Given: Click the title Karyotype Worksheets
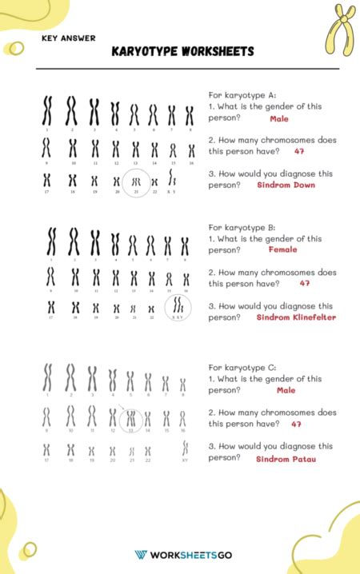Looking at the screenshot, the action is click(x=183, y=52).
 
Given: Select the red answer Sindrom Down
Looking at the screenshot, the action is click(x=286, y=185).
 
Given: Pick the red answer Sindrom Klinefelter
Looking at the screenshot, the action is click(x=295, y=317).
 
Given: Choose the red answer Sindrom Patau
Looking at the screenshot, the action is click(x=286, y=459).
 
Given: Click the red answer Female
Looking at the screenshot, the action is click(x=282, y=249).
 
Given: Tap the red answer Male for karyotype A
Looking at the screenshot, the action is click(x=279, y=118).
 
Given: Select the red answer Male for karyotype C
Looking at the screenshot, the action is click(x=286, y=390).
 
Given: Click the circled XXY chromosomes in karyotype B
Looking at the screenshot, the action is click(x=178, y=307).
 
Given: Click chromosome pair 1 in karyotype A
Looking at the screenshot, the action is click(x=48, y=111).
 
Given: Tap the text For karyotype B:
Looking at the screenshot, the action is click(x=242, y=226).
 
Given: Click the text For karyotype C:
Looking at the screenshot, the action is click(x=242, y=367).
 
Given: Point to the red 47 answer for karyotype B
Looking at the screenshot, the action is click(x=305, y=283).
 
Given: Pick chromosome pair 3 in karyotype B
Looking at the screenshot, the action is click(x=95, y=242).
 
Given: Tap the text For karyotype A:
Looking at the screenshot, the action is click(x=242, y=94).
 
